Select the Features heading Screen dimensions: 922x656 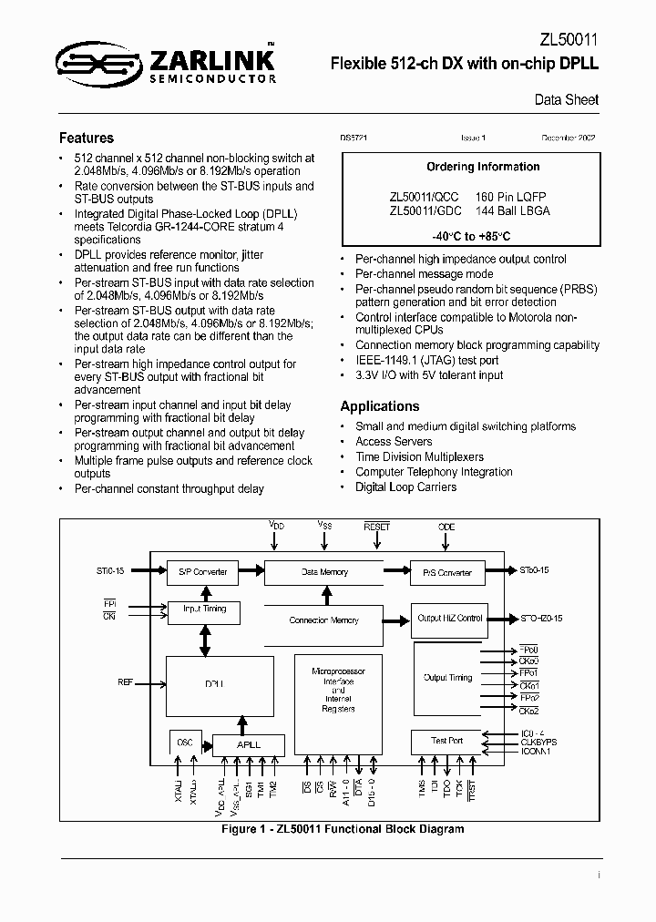point(87,138)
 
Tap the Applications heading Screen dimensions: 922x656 point(380,406)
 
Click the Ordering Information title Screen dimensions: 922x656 point(483,167)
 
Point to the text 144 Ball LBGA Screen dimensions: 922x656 point(513,210)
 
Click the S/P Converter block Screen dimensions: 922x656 point(202,573)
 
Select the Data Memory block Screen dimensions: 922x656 point(324,572)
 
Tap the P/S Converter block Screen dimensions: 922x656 point(447,573)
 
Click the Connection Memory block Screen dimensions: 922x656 point(324,620)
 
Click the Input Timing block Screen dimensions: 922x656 point(204,610)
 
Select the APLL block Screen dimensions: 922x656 point(248,744)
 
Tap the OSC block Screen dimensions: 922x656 point(185,743)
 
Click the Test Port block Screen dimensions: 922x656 point(447,742)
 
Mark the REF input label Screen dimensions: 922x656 point(126,681)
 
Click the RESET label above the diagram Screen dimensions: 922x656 point(376,528)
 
